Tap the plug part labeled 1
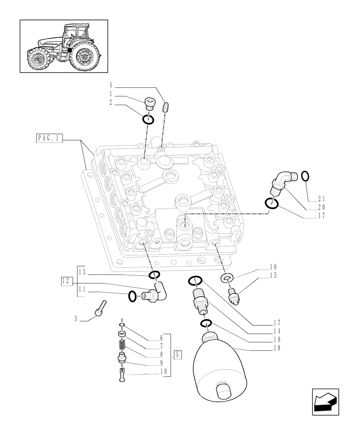point(149,105)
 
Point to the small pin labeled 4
point(165,107)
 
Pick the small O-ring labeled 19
point(206,323)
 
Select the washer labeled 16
point(227,278)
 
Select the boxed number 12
point(66,281)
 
